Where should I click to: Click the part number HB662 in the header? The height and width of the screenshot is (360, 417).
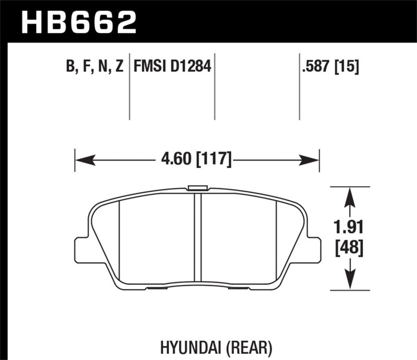pos(78,22)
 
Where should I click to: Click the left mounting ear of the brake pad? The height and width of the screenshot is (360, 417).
pos(82,250)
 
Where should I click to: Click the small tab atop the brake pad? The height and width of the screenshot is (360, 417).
pos(198,188)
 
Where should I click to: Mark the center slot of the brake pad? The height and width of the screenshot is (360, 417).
pos(198,237)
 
